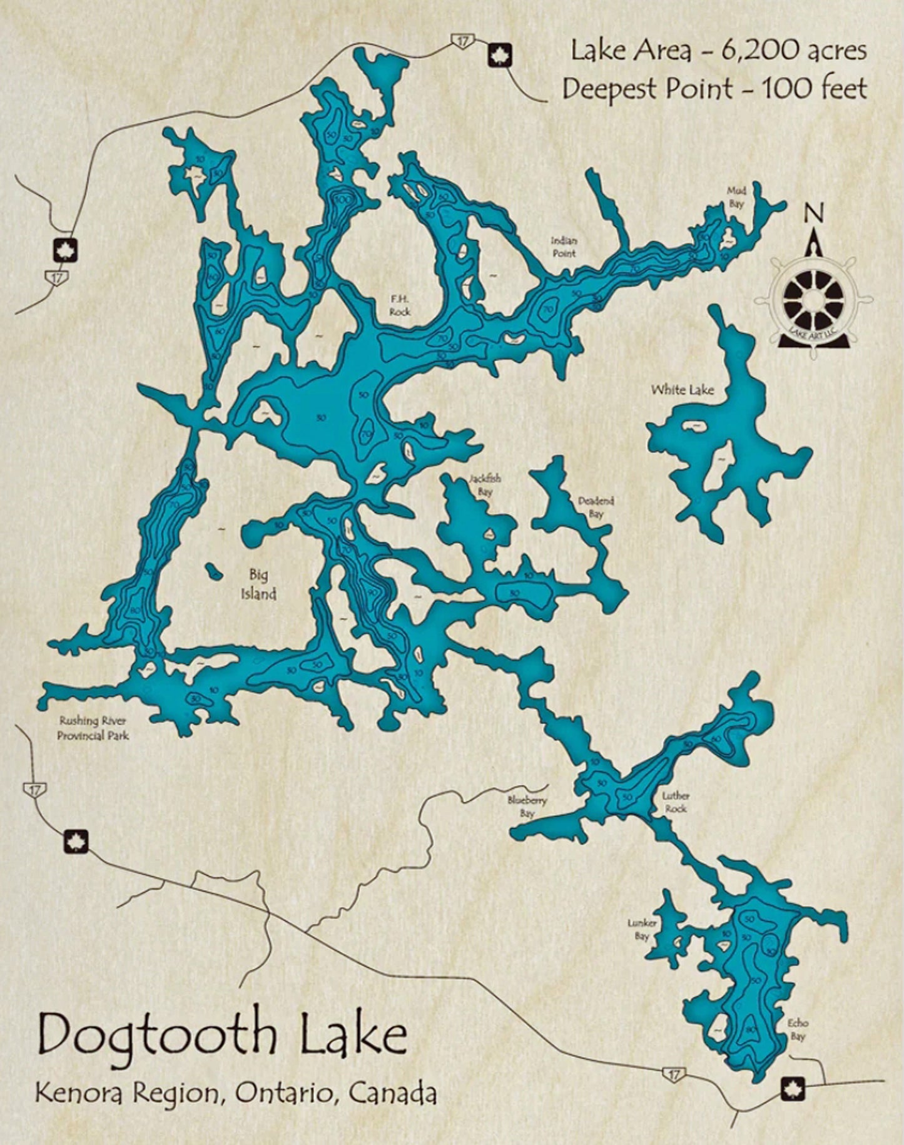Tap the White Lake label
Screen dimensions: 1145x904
point(682,390)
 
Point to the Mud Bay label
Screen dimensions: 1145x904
point(736,197)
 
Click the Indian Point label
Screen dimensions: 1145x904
point(564,247)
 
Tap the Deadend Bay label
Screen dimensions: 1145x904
point(596,507)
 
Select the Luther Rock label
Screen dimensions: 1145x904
point(676,802)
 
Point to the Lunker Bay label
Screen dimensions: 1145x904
point(642,930)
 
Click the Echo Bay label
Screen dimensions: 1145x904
point(798,1029)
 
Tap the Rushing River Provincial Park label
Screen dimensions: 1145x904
point(93,728)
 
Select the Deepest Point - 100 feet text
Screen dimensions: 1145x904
point(714,89)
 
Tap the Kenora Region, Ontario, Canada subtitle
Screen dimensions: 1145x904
point(236,1094)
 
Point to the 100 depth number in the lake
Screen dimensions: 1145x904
point(342,199)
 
